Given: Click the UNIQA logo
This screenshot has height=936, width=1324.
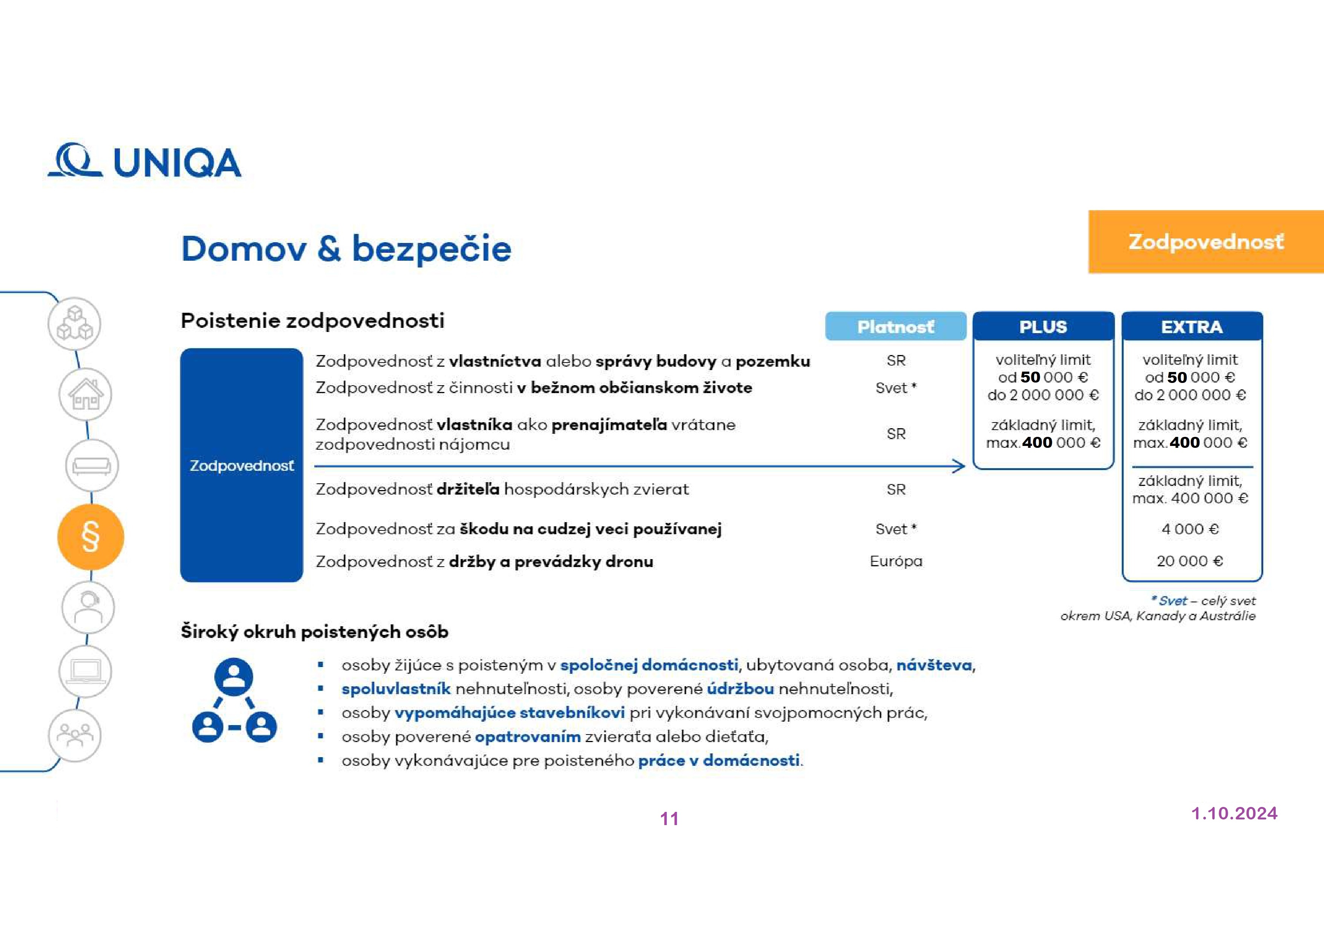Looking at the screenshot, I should (144, 161).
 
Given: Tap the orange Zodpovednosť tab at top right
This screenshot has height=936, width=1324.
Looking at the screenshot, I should (1205, 242).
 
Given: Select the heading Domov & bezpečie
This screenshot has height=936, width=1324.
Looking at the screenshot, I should (346, 249).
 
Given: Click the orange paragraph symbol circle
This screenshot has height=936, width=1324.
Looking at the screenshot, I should (91, 537).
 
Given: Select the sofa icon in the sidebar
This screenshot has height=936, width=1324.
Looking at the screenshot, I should (92, 465).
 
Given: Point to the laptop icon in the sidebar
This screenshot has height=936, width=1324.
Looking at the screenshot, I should (85, 671).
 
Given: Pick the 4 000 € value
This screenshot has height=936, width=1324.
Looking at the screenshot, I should (1190, 529).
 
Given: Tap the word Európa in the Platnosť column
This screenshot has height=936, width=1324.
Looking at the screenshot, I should (895, 561).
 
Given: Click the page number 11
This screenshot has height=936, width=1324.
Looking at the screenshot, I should (669, 818).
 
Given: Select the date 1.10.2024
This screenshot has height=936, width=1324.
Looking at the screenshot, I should (1234, 813).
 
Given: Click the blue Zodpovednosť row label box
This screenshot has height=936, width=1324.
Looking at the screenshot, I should (241, 466).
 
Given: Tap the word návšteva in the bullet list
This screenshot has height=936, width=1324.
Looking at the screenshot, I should (933, 665).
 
